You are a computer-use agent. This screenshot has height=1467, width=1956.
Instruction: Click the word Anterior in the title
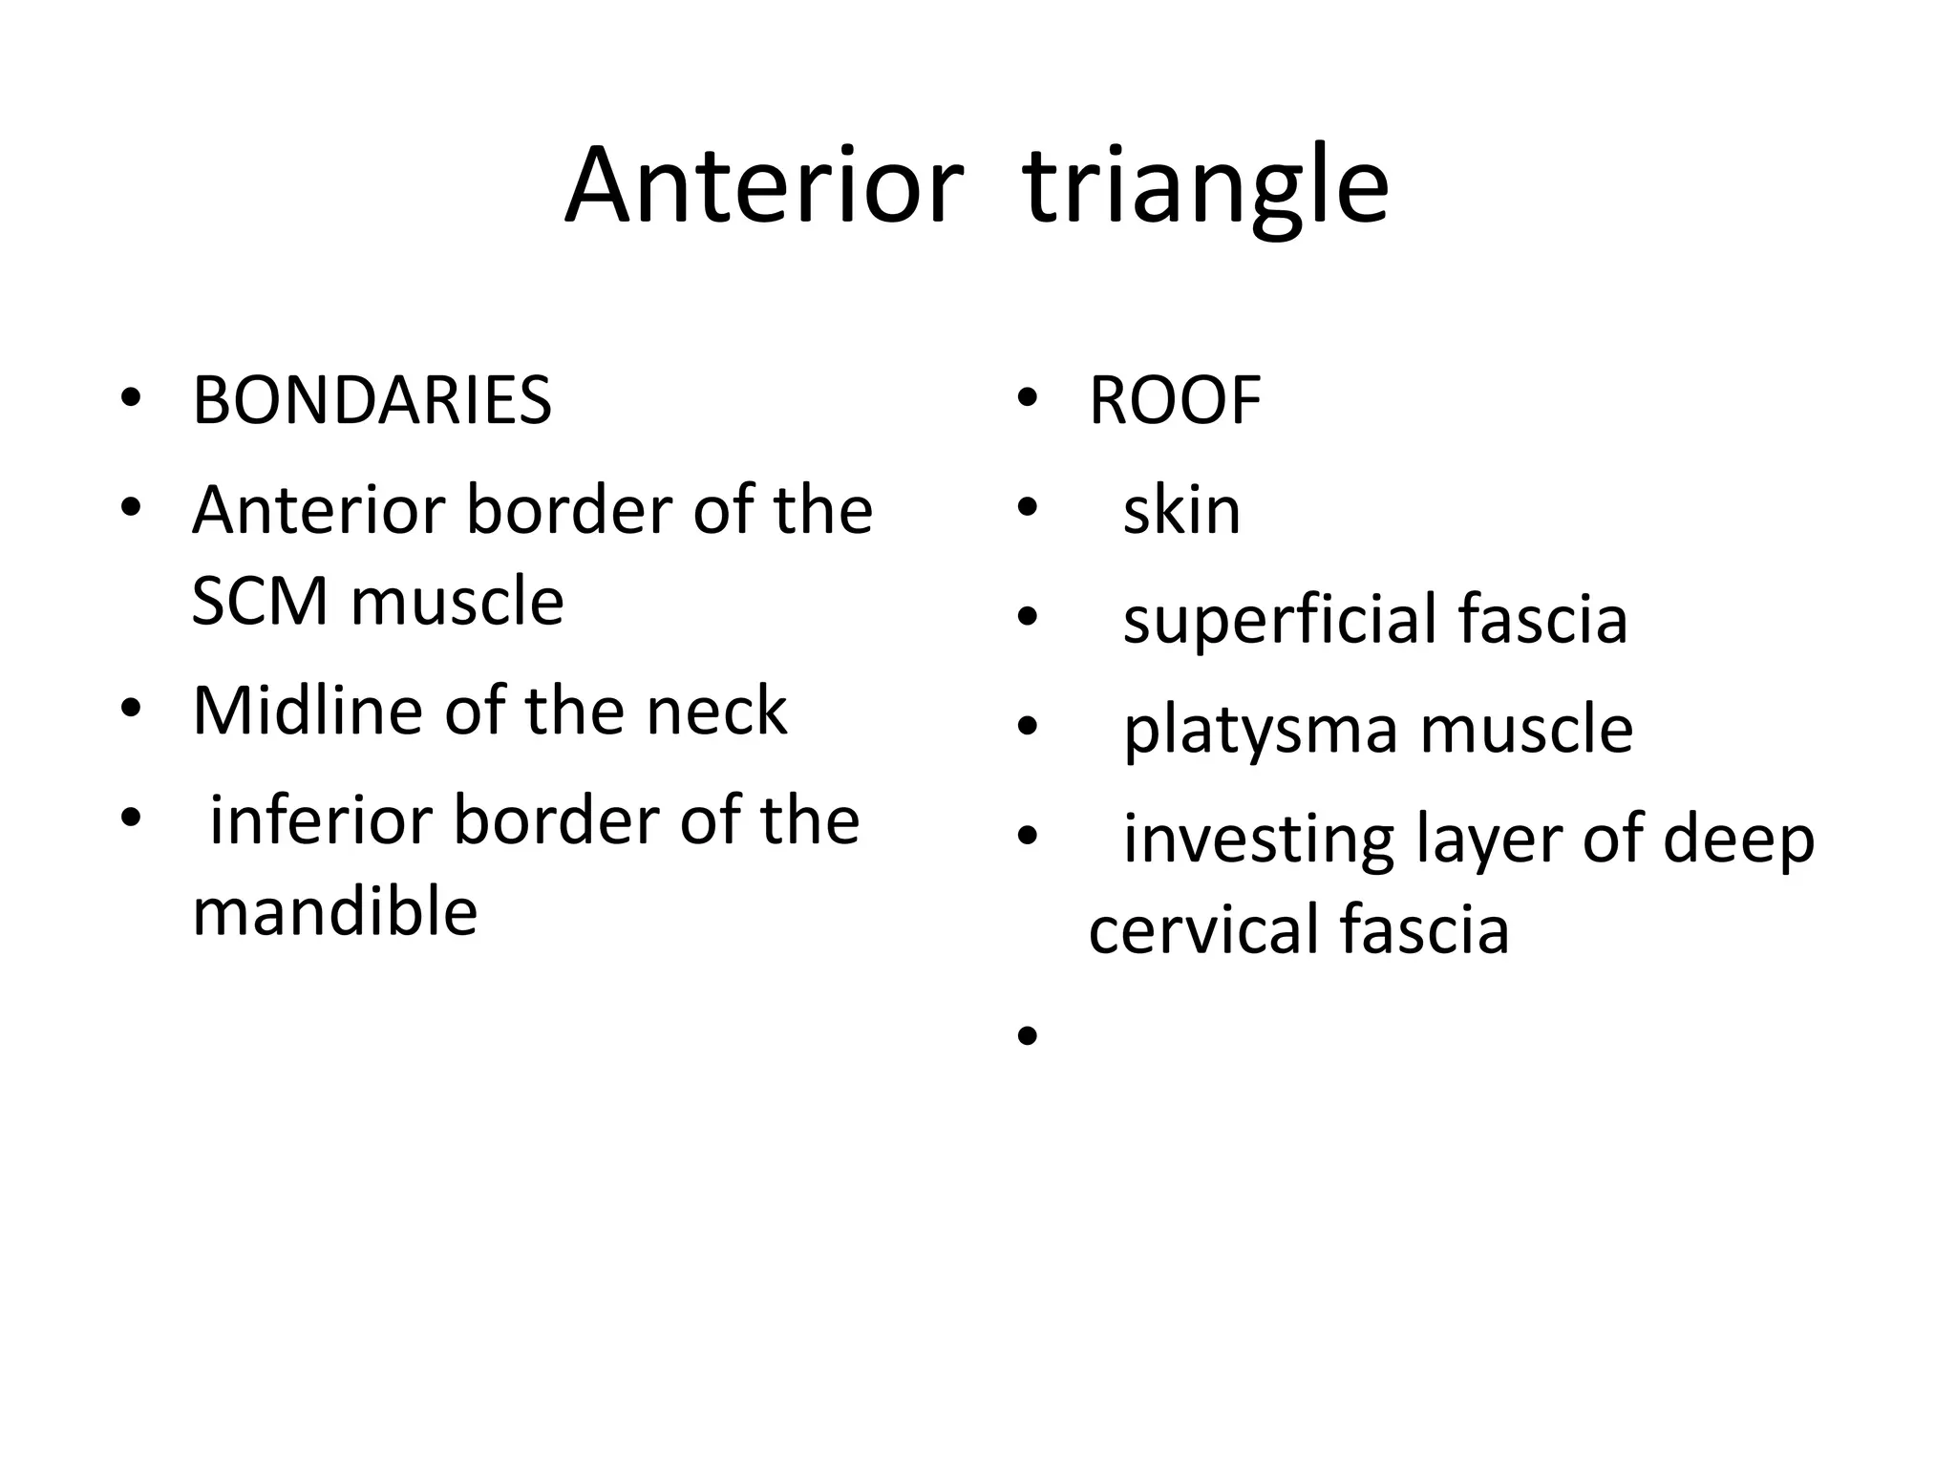[763, 185]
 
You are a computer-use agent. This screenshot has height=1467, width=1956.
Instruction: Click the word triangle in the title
[1205, 187]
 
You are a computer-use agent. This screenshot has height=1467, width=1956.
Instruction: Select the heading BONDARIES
[372, 400]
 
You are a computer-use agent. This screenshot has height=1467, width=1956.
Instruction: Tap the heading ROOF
[1175, 400]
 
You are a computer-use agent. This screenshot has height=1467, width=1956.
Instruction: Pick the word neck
[716, 711]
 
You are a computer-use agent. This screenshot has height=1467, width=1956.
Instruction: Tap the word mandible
[334, 911]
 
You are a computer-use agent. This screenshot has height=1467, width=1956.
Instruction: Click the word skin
[1181, 510]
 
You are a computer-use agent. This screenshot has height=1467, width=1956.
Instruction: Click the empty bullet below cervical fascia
[1028, 1035]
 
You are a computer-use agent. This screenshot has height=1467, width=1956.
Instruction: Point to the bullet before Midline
[131, 709]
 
